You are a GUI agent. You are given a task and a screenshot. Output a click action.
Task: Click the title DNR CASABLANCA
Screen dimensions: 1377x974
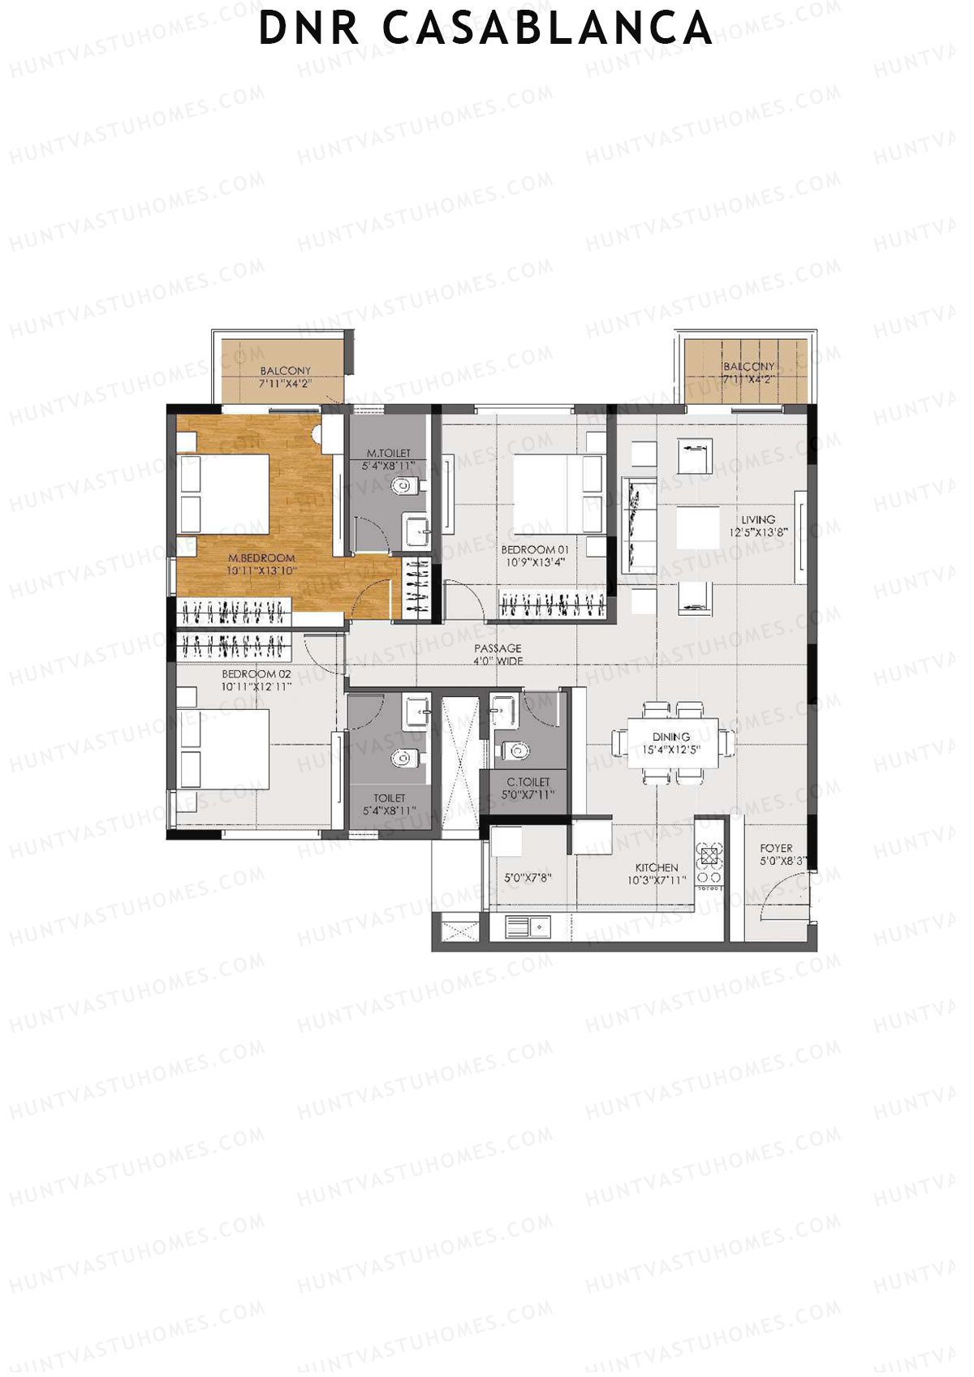pos(485,28)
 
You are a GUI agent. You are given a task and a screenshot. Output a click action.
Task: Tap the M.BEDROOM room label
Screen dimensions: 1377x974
pos(261,564)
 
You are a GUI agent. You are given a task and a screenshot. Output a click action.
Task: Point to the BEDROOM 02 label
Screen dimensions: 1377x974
pos(256,680)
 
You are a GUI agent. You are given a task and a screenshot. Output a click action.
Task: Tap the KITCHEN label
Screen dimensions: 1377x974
pos(657,873)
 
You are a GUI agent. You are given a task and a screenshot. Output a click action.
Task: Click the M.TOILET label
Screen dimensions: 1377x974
pos(389,459)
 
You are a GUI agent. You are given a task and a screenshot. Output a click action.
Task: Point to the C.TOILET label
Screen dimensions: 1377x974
pos(528,788)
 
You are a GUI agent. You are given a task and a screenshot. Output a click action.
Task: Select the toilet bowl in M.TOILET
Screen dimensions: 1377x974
pos(403,486)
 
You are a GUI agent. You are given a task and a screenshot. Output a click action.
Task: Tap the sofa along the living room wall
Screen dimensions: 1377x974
pos(640,526)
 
